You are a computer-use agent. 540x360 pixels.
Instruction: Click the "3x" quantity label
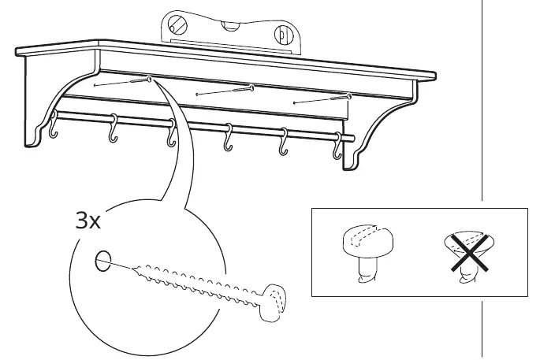click(x=88, y=221)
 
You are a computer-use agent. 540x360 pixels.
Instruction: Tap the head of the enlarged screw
click(x=274, y=302)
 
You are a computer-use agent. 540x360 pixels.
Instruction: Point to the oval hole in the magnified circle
click(x=103, y=261)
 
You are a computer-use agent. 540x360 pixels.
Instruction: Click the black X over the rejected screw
click(x=470, y=253)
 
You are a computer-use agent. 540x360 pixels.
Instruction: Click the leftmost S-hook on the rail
click(x=53, y=124)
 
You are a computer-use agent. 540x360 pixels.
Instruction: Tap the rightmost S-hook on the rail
click(x=337, y=146)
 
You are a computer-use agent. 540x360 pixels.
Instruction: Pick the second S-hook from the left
click(x=113, y=128)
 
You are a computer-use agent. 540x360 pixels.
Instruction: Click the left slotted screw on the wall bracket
click(x=177, y=24)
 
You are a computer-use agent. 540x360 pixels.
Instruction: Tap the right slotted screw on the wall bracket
click(x=283, y=35)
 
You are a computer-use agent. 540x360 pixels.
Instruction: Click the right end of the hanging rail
click(x=352, y=139)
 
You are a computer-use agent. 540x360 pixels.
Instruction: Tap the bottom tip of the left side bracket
click(x=28, y=146)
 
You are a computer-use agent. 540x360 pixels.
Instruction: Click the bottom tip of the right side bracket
click(x=346, y=169)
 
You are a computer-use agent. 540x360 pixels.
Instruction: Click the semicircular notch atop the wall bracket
click(x=229, y=26)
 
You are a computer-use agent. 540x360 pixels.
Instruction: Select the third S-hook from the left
click(x=171, y=133)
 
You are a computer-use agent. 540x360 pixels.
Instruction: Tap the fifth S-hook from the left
click(x=283, y=142)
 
